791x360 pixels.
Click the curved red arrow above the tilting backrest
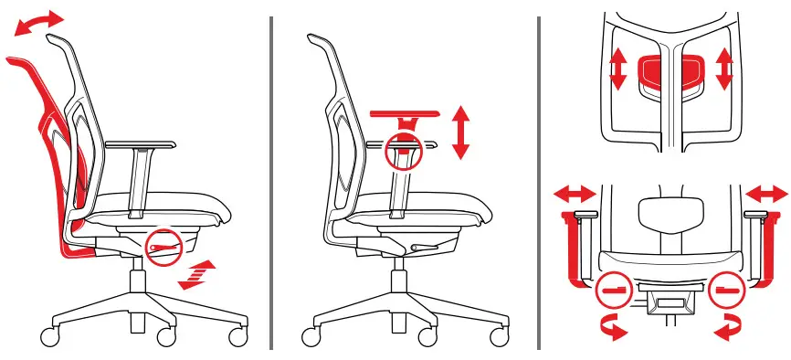[40, 22]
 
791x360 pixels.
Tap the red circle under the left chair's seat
[164, 247]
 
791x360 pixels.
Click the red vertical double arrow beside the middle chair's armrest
[460, 133]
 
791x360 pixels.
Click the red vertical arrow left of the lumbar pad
[618, 69]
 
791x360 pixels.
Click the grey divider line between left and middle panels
[272, 183]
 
